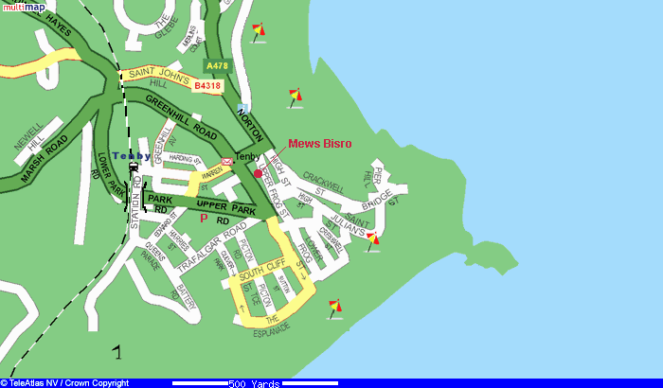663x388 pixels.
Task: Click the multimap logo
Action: click(x=23, y=7)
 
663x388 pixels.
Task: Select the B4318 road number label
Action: click(x=207, y=86)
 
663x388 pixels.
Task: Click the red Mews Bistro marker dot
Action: click(x=258, y=173)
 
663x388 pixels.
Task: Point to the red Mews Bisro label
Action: click(x=319, y=143)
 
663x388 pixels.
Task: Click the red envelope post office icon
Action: click(x=227, y=162)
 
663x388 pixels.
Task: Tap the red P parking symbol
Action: click(x=204, y=218)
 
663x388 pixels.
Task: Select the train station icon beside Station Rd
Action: click(x=133, y=168)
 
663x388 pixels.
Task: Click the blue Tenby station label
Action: click(x=131, y=155)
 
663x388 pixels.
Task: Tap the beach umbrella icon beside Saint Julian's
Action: click(x=373, y=239)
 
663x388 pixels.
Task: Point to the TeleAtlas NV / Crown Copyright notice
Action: click(x=66, y=382)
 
